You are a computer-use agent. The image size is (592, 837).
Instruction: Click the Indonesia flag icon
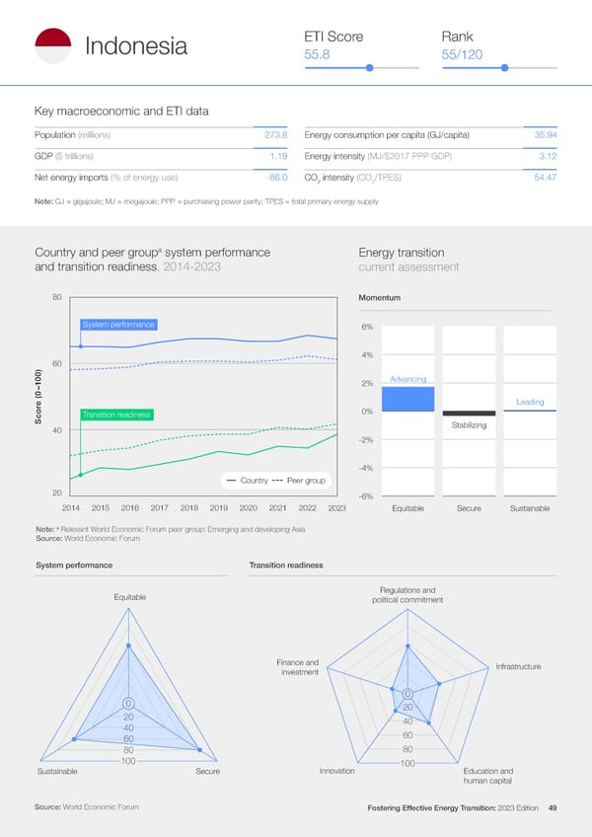(52, 45)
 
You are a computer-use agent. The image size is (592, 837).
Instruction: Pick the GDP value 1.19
(278, 156)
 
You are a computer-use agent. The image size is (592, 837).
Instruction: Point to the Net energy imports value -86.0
(275, 177)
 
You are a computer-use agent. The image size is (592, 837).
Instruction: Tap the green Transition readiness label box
(115, 415)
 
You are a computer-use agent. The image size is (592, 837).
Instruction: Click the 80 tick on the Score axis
(57, 297)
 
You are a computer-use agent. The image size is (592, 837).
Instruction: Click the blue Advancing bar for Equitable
(407, 399)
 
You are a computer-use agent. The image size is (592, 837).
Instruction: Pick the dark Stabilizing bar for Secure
(469, 414)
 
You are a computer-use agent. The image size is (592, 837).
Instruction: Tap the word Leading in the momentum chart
(530, 402)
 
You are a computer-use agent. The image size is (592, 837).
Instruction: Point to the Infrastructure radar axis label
(518, 667)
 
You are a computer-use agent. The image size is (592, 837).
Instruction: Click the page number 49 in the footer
(553, 808)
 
